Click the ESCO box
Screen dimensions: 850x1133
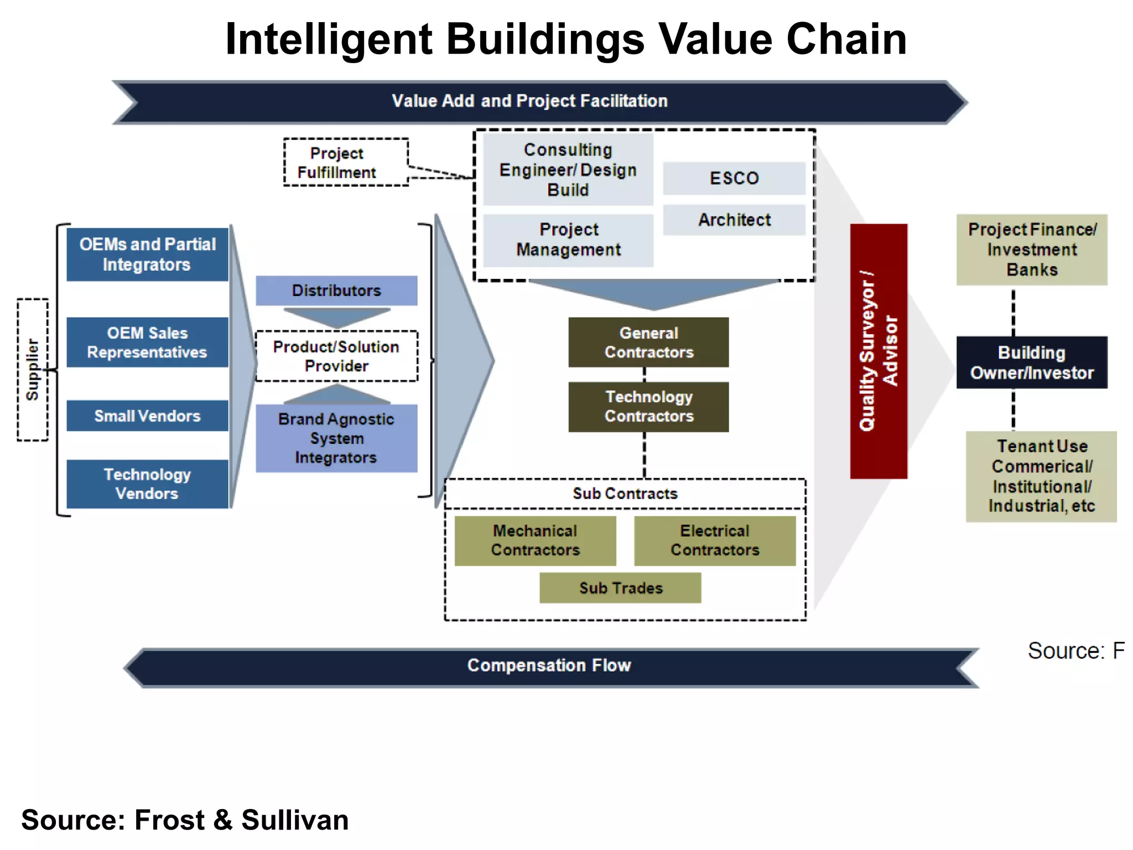[734, 178]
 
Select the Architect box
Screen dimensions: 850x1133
[734, 220]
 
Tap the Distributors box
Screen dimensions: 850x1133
[336, 291]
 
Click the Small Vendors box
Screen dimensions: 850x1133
[147, 416]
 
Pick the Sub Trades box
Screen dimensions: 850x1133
[620, 588]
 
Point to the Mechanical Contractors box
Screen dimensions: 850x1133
[535, 541]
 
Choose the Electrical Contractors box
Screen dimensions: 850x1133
[715, 541]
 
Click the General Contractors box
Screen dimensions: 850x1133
[648, 343]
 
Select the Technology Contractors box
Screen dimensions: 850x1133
[648, 407]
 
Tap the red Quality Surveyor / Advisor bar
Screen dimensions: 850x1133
[879, 351]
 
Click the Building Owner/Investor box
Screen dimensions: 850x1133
[1032, 362]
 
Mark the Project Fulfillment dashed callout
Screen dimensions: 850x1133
[346, 162]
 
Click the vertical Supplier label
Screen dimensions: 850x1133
[33, 370]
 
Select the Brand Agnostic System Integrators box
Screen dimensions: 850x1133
[336, 438]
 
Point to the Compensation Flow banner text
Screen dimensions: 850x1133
[549, 665]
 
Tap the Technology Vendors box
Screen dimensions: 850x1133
[147, 484]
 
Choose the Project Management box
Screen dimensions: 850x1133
[568, 240]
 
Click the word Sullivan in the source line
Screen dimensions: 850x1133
[295, 820]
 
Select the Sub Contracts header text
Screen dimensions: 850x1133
[625, 494]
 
